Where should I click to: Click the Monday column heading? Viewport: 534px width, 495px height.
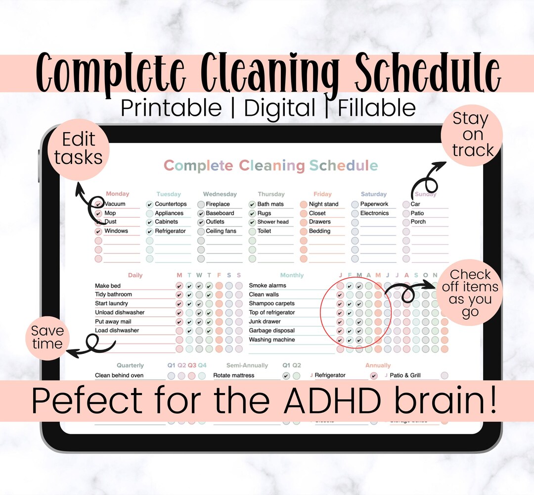117,194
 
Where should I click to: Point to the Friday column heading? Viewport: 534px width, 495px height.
322,194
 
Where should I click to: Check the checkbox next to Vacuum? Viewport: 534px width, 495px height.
98,204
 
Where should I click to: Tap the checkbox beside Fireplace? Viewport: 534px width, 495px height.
201,204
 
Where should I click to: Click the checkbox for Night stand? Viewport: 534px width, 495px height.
304,204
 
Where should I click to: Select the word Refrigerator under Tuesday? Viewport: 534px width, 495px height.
170,231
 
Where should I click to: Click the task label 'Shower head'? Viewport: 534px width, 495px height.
272,222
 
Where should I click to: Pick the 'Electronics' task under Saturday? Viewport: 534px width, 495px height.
374,213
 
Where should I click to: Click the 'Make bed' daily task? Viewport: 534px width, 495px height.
108,286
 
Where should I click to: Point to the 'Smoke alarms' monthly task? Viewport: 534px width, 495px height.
267,286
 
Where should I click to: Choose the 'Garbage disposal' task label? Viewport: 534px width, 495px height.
271,331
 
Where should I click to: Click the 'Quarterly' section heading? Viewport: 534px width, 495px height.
130,365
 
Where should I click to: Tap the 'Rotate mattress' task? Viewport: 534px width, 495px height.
234,375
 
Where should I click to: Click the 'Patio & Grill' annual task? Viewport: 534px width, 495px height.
405,375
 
